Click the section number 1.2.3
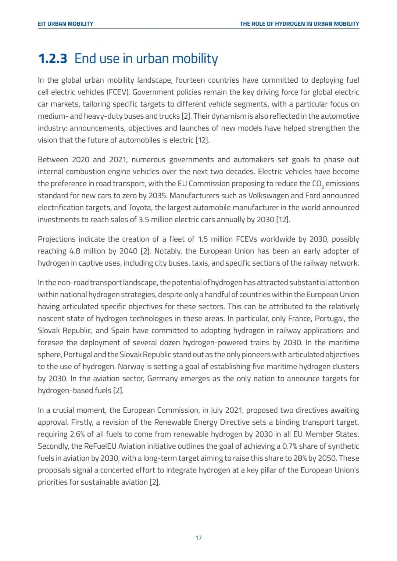(x=53, y=58)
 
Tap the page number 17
(x=198, y=537)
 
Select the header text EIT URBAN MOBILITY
(x=65, y=24)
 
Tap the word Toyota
(x=140, y=208)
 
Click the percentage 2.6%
(x=77, y=434)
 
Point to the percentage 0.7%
(x=290, y=446)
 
